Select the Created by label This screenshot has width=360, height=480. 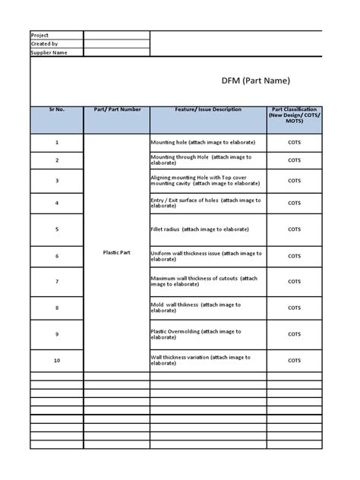pyautogui.click(x=43, y=44)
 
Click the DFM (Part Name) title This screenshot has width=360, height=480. pyautogui.click(x=256, y=81)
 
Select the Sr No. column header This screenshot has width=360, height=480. pyautogui.click(x=56, y=110)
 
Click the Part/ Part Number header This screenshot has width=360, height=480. pyautogui.click(x=116, y=110)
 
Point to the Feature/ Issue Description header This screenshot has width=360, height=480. pyautogui.click(x=207, y=110)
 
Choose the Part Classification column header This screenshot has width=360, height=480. pyautogui.click(x=294, y=115)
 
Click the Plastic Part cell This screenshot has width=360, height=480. pyautogui.click(x=116, y=251)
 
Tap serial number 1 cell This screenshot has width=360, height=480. pyautogui.click(x=56, y=143)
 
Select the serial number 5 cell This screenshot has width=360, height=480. pyautogui.click(x=56, y=229)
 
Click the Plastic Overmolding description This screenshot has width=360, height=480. pyautogui.click(x=197, y=334)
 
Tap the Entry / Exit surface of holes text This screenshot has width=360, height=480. pyautogui.click(x=205, y=203)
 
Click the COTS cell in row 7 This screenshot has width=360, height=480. pyautogui.click(x=294, y=282)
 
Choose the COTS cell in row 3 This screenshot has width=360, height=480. pyautogui.click(x=294, y=181)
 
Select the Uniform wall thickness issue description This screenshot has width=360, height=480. pyautogui.click(x=207, y=256)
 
